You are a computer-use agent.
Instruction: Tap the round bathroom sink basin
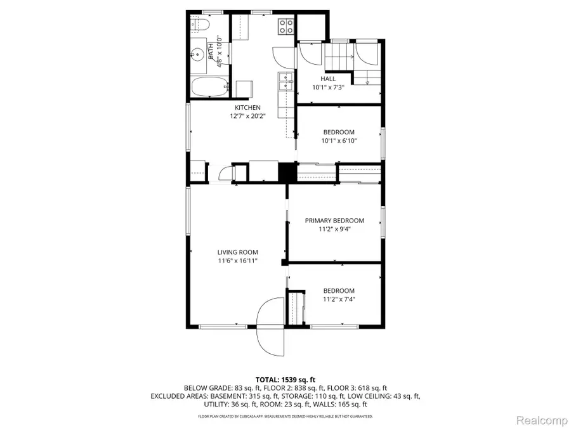click(197, 55)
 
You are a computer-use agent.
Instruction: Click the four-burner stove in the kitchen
click(287, 26)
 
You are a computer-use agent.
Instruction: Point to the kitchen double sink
click(285, 81)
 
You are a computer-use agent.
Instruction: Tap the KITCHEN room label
click(247, 108)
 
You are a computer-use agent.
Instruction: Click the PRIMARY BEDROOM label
click(334, 221)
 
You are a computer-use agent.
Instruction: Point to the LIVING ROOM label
click(238, 252)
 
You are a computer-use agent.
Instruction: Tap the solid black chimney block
click(288, 172)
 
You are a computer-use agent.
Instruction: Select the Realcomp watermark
click(539, 418)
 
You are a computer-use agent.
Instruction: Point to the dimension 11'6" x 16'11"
click(238, 261)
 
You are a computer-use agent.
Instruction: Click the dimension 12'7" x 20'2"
click(247, 117)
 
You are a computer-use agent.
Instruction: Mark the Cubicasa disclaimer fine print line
click(285, 417)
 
